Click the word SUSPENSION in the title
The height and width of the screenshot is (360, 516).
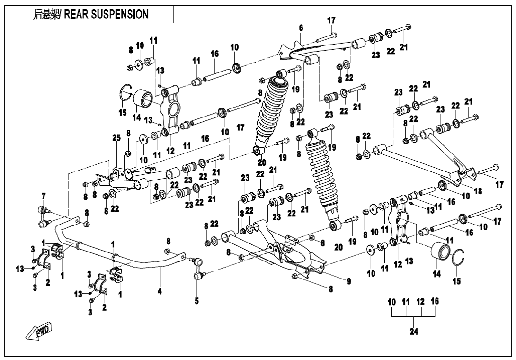(120, 15)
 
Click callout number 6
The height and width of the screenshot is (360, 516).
(300, 28)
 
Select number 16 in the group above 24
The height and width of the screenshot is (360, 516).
(435, 301)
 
